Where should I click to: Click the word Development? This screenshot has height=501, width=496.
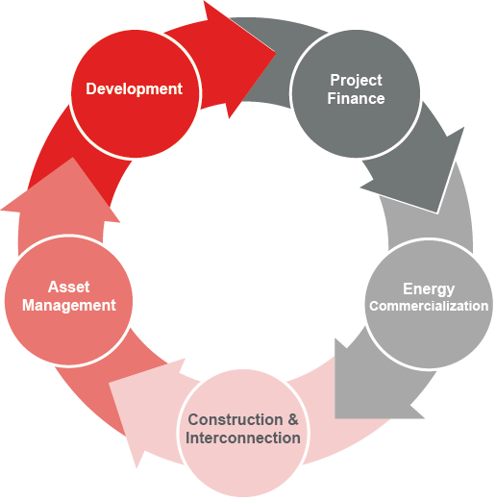[x=134, y=89]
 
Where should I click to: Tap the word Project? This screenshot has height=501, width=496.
[x=356, y=80]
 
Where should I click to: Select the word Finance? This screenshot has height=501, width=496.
[x=356, y=98]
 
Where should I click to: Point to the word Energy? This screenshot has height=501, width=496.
[x=429, y=289]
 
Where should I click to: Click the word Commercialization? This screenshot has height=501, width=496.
[x=429, y=306]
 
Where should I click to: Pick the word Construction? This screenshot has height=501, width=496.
[x=236, y=419]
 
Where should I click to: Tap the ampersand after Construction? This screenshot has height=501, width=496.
[x=293, y=419]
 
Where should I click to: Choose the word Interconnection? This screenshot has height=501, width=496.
[x=243, y=438]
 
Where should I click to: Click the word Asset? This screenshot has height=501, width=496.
[x=68, y=287]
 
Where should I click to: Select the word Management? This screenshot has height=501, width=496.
[x=69, y=305]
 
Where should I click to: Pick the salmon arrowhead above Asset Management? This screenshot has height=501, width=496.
[x=64, y=195]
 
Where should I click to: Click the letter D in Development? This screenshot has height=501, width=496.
[x=91, y=88]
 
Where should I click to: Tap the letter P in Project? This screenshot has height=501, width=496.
[x=335, y=80]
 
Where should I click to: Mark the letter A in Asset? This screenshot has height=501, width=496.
[x=54, y=287]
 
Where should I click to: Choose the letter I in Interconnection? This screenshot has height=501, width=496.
[x=187, y=438]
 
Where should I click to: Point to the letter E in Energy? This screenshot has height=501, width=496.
[x=408, y=288]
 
